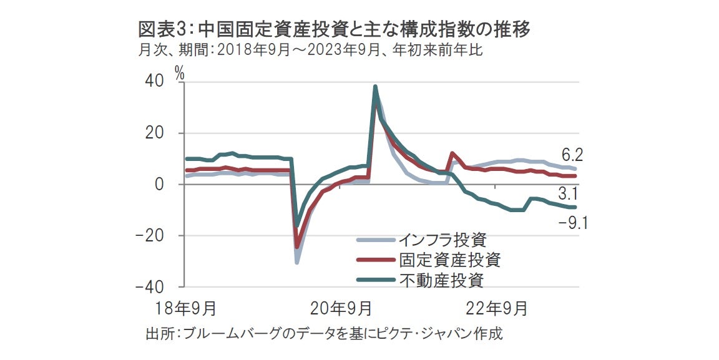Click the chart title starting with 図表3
point(334,29)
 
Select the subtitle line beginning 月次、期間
point(310,51)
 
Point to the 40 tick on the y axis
point(156,82)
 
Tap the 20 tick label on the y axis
point(156,134)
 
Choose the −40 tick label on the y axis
point(150,286)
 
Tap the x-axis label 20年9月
point(340,308)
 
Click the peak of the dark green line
point(375,87)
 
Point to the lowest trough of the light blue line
point(297,262)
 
